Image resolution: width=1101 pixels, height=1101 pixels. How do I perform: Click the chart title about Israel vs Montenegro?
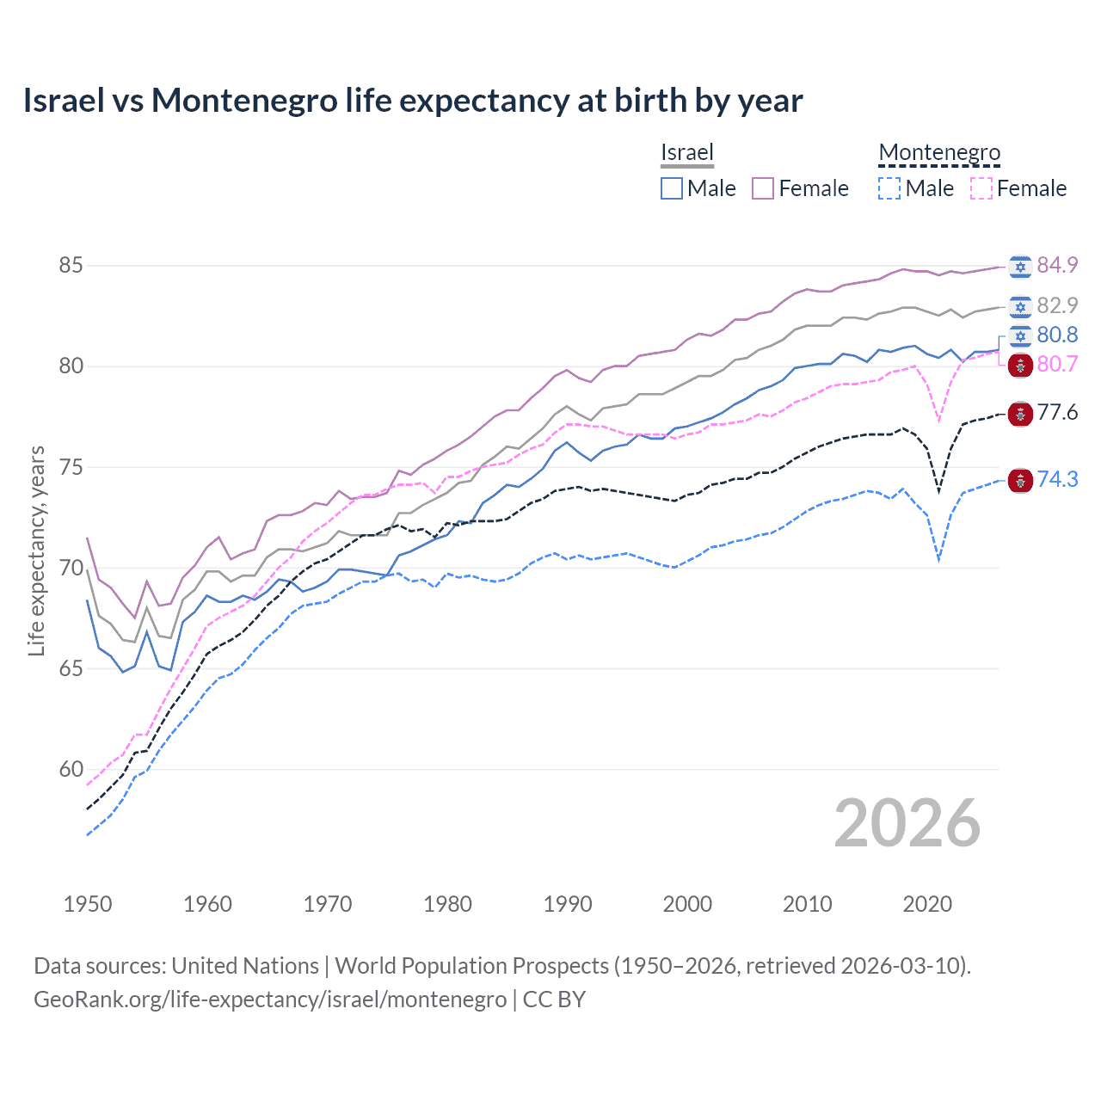point(413,101)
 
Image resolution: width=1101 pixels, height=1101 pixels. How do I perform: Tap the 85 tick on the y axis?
point(71,265)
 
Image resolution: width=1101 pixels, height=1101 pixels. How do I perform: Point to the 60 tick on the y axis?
point(71,769)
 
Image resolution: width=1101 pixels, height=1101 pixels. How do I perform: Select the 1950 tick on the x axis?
point(88,904)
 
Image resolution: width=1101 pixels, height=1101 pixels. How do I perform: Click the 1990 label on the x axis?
point(568,904)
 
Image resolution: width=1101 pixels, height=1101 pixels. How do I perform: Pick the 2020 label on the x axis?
point(927,904)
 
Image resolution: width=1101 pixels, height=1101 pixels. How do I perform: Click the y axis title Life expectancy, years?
point(36,550)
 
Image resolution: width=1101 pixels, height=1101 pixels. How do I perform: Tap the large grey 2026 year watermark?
point(907,823)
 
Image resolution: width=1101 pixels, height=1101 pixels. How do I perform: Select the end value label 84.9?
point(1057,265)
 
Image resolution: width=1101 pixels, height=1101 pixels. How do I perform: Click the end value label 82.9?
point(1057,305)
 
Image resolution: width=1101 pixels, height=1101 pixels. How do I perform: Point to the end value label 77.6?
point(1057,413)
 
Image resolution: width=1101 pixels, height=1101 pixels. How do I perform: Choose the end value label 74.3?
point(1057,479)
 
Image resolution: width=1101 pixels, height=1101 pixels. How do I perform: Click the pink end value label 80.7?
point(1057,364)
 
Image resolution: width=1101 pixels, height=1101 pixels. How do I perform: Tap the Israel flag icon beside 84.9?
point(1020,267)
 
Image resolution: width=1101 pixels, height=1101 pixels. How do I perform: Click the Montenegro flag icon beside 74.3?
point(1020,481)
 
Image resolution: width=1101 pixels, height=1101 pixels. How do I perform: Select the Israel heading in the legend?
point(687,152)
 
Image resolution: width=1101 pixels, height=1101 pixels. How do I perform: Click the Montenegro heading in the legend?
point(939,152)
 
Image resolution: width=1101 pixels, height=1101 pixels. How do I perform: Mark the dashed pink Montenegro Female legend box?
point(981,188)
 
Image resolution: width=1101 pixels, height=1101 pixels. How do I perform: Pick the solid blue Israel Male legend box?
point(672,188)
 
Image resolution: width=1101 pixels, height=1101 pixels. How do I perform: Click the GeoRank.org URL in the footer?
point(270,1000)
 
